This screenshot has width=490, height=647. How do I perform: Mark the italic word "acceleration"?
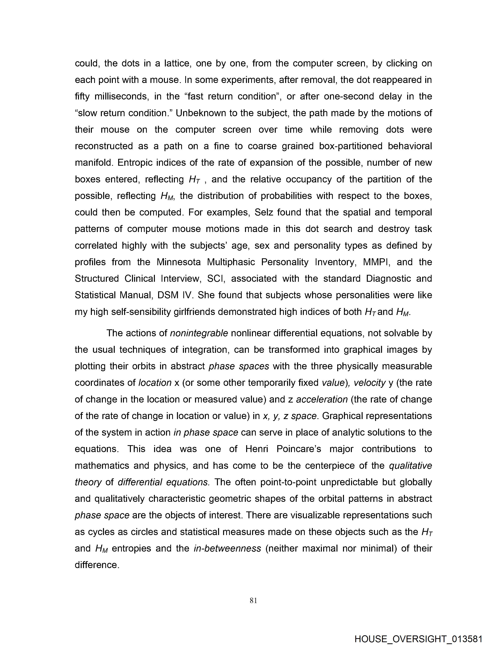point(322,399)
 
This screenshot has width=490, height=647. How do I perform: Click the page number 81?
point(253,601)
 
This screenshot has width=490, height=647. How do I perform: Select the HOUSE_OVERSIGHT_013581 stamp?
point(418,639)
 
